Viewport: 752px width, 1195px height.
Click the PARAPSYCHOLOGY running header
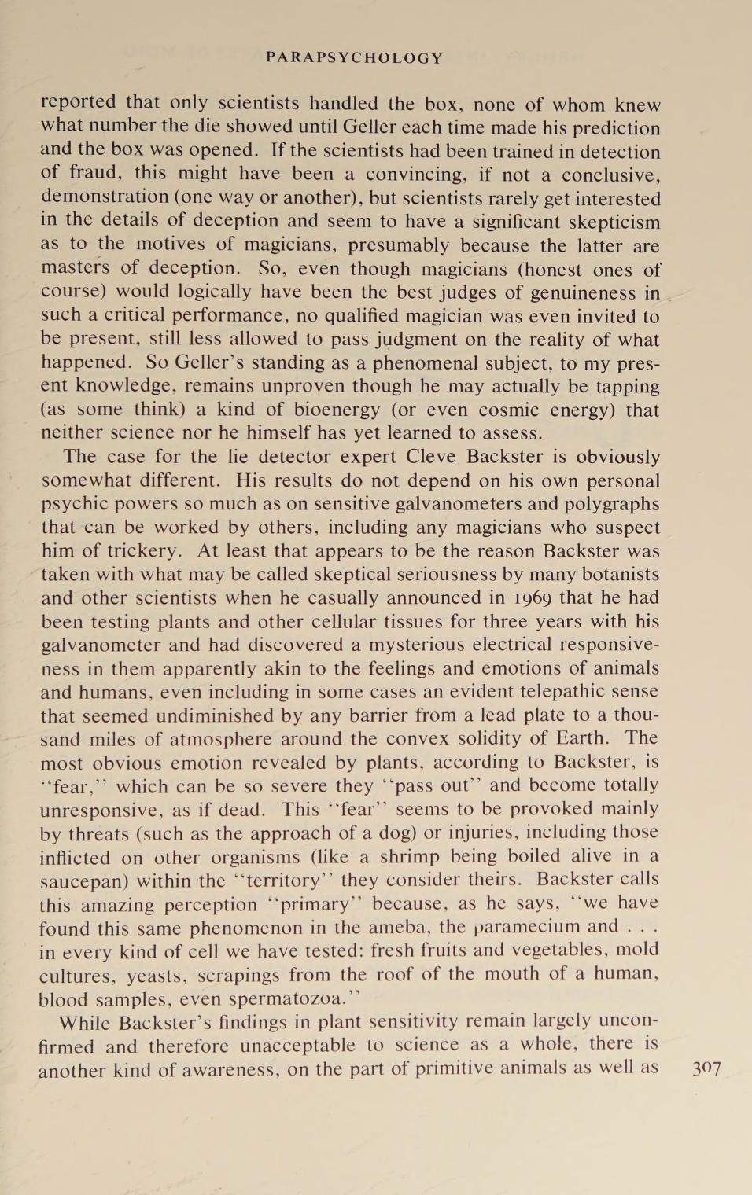click(x=355, y=58)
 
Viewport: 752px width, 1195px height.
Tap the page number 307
click(x=706, y=1068)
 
